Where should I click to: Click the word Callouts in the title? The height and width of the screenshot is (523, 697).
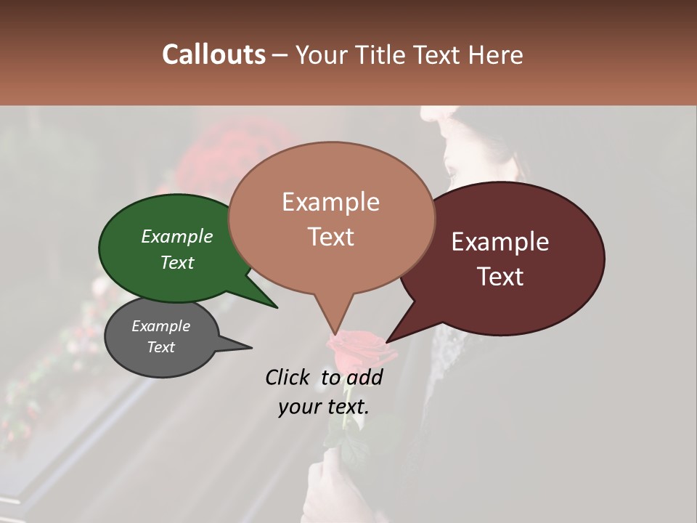[213, 54]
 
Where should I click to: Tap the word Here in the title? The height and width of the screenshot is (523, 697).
[497, 54]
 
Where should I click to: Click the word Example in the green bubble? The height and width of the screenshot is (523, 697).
[177, 236]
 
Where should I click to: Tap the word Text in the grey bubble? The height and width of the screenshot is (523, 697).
[161, 347]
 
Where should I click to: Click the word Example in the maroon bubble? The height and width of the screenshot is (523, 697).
[500, 242]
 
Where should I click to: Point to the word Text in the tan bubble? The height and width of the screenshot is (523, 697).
[331, 237]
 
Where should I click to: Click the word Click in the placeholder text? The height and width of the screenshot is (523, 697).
[289, 377]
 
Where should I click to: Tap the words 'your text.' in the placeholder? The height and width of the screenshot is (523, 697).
[324, 407]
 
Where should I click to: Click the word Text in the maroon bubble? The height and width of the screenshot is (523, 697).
[501, 277]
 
